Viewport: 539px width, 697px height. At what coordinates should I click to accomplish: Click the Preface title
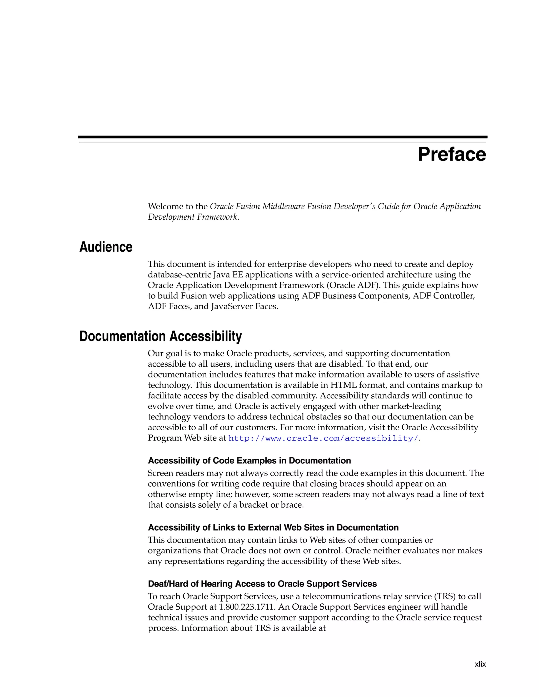[x=452, y=154]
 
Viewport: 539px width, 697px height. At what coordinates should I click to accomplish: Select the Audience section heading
[x=106, y=247]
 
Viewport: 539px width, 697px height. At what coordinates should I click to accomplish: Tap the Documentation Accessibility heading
[x=160, y=336]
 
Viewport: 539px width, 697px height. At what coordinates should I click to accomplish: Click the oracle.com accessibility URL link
[x=323, y=438]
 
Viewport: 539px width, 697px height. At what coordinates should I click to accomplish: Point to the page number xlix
[x=480, y=664]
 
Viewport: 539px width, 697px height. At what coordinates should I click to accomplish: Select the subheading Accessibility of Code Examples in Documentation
[x=249, y=461]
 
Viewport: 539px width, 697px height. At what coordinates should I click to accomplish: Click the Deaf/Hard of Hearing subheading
[x=262, y=584]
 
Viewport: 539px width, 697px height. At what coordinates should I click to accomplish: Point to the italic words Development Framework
[x=193, y=217]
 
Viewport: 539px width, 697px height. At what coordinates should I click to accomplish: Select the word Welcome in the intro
[x=165, y=206]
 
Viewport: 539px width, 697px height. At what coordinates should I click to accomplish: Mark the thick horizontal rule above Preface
[x=283, y=137]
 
